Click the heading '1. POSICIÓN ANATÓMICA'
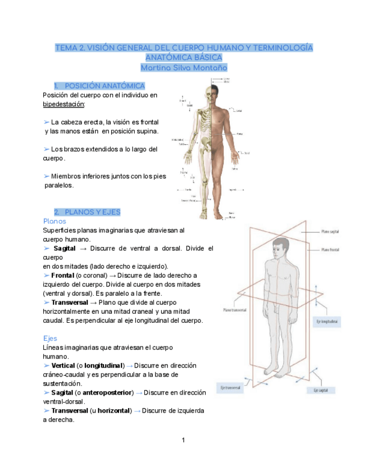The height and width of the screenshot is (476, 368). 99,86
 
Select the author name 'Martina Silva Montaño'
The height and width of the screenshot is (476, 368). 184,67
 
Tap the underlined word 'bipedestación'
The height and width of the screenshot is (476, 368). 64,104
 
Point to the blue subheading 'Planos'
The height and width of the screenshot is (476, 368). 54,221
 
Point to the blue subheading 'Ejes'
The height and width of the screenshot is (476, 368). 50,338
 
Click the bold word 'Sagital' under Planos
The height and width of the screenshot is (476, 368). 65,248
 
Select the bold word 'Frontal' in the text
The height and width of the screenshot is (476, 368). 63,275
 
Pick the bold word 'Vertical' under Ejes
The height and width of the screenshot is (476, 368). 63,365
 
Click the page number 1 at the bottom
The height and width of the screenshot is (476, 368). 183,440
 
